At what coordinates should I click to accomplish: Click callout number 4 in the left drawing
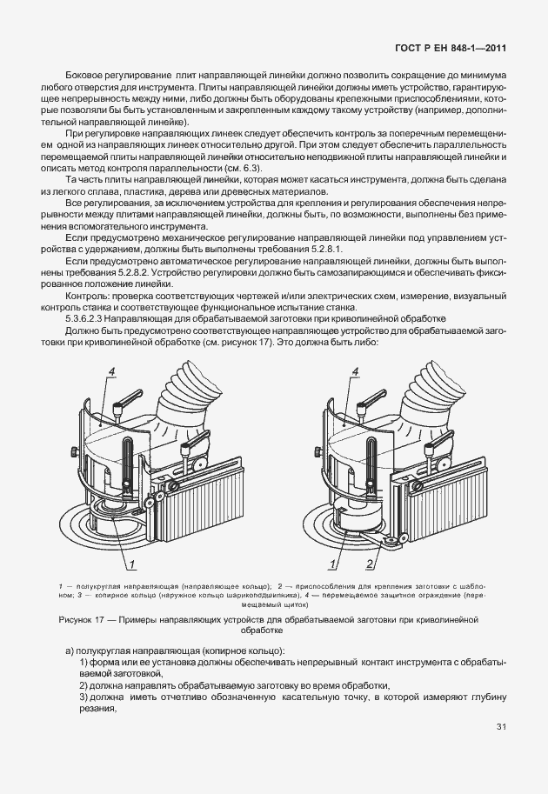coord(112,371)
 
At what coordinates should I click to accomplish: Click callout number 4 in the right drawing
coord(354,371)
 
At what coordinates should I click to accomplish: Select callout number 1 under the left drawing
coord(130,566)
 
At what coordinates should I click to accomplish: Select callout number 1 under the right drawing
coord(349,566)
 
